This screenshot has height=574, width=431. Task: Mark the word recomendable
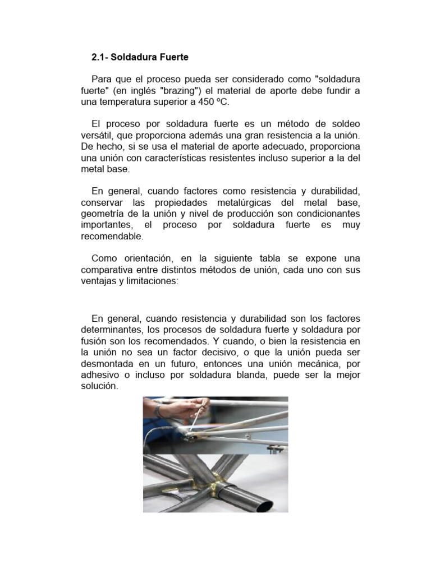[112, 236]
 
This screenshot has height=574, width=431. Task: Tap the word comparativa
[106, 270]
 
